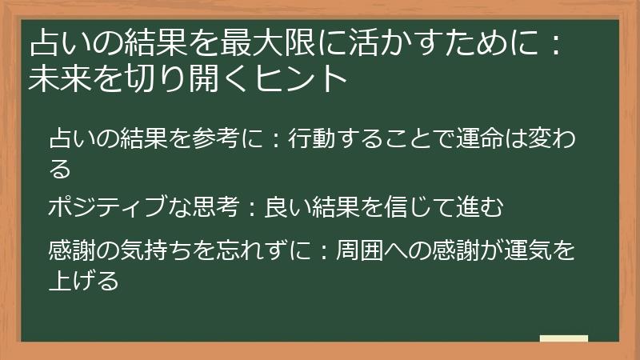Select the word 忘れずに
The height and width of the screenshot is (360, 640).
click(266, 252)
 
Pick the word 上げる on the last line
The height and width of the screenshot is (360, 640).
click(84, 282)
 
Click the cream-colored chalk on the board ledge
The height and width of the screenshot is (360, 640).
click(563, 338)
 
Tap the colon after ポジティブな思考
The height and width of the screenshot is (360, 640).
click(252, 208)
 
